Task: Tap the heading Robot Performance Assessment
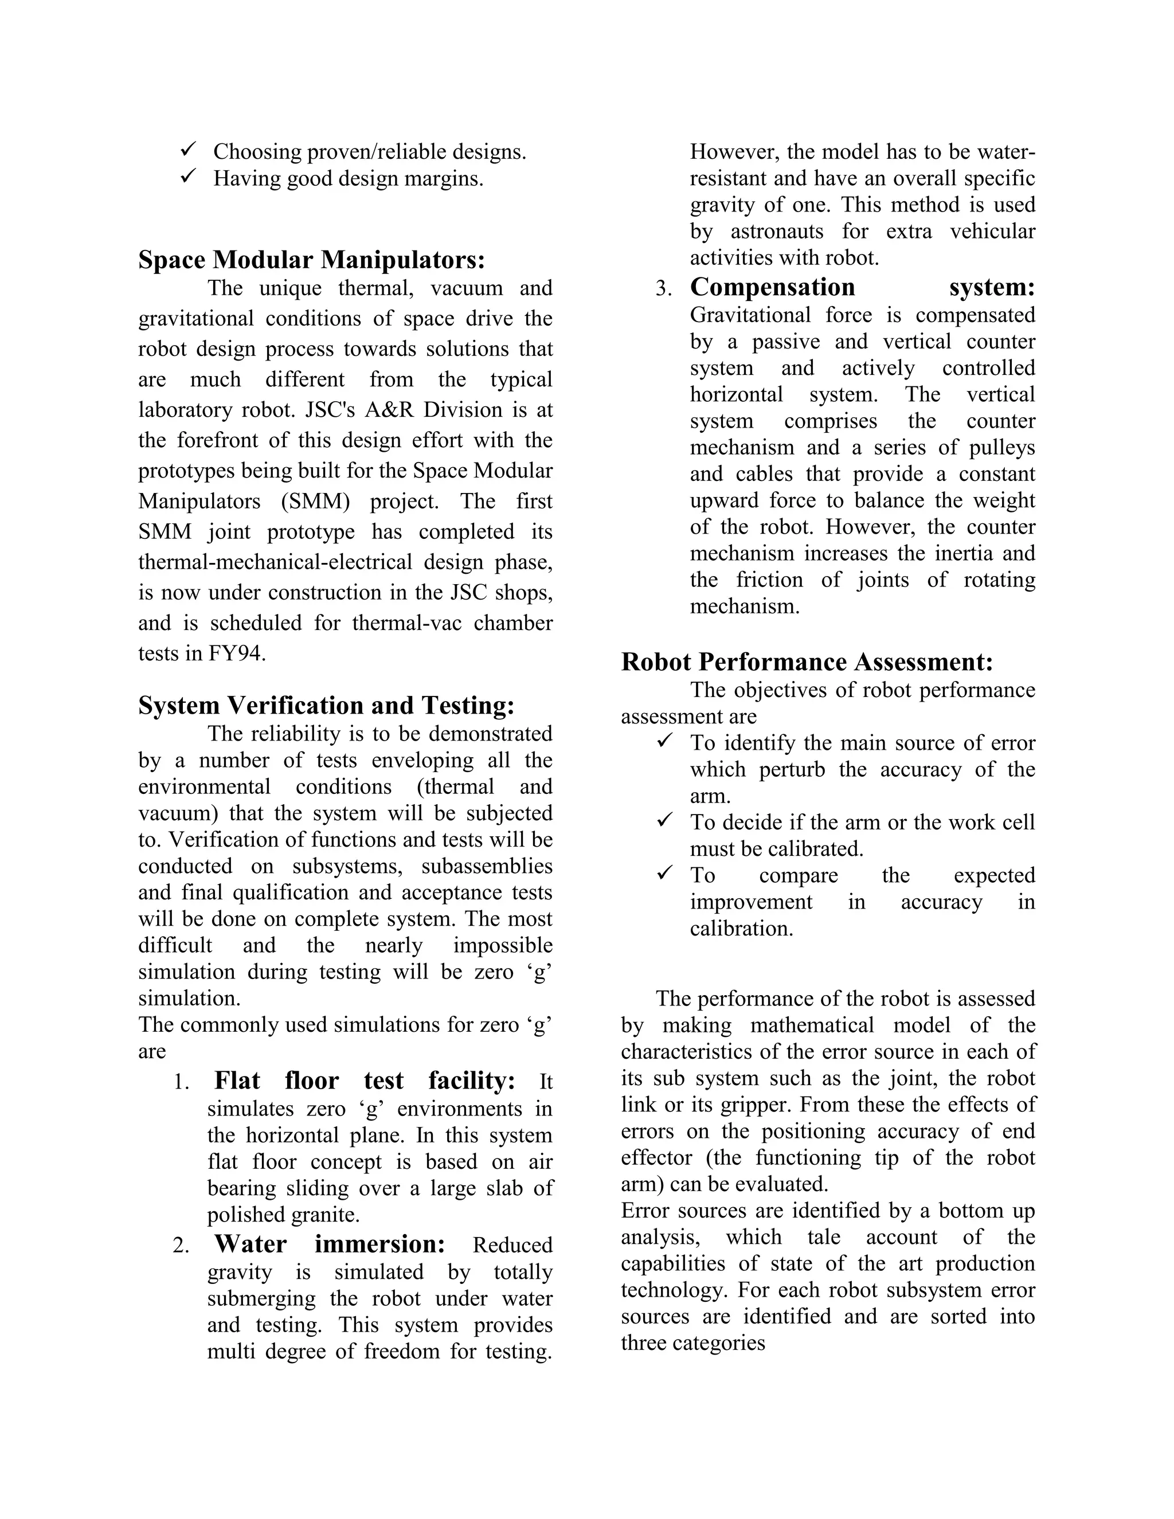click(807, 661)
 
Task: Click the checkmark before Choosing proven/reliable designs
click(188, 150)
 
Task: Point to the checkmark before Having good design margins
click(188, 177)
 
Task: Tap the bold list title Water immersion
click(329, 1244)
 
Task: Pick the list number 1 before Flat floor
click(181, 1082)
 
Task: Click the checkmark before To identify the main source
click(665, 741)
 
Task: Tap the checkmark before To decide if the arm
click(665, 820)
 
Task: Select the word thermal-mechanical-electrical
click(273, 561)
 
